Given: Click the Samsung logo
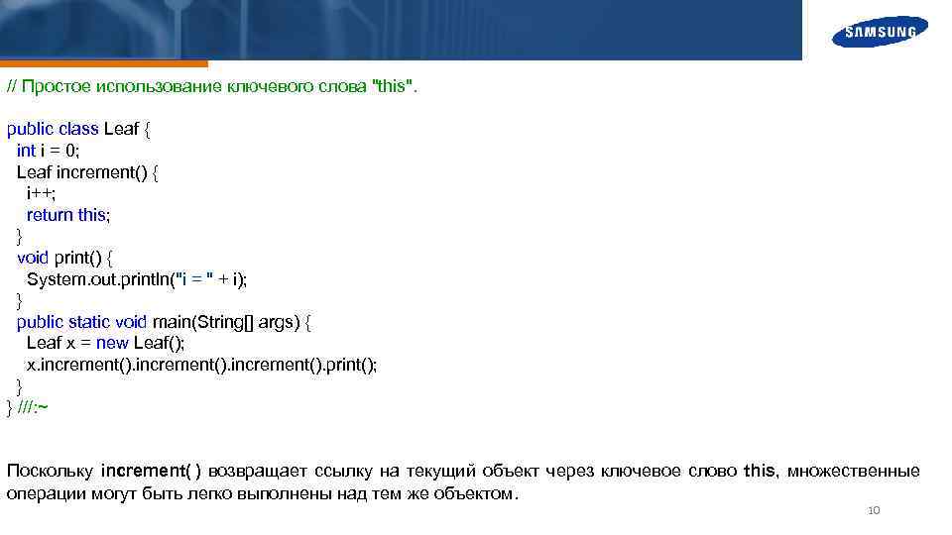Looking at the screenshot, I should pos(880,32).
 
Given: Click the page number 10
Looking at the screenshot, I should pos(873,511).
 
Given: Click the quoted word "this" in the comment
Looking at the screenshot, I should pos(394,86).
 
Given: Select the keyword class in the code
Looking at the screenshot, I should pos(78,129).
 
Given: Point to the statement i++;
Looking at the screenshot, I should pos(42,193).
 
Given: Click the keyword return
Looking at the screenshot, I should pos(50,215).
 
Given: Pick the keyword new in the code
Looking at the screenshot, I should pos(112,344).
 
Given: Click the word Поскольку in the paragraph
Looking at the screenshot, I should pos(50,471).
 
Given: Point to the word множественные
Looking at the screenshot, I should pos(854,471).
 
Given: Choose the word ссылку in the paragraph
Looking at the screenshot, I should pos(343,471).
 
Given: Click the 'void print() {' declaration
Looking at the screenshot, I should pos(65,258).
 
